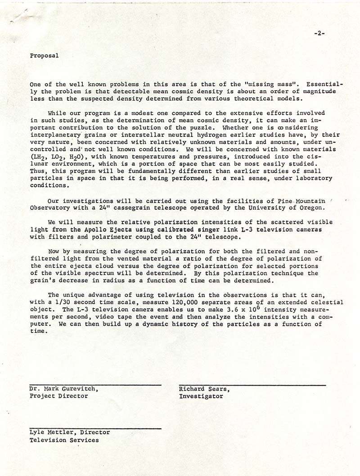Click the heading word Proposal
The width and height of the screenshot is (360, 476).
point(44,56)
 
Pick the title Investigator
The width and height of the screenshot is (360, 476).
point(201,396)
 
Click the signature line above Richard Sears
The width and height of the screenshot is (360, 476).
point(252,385)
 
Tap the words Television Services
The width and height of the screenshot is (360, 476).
point(64,440)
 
